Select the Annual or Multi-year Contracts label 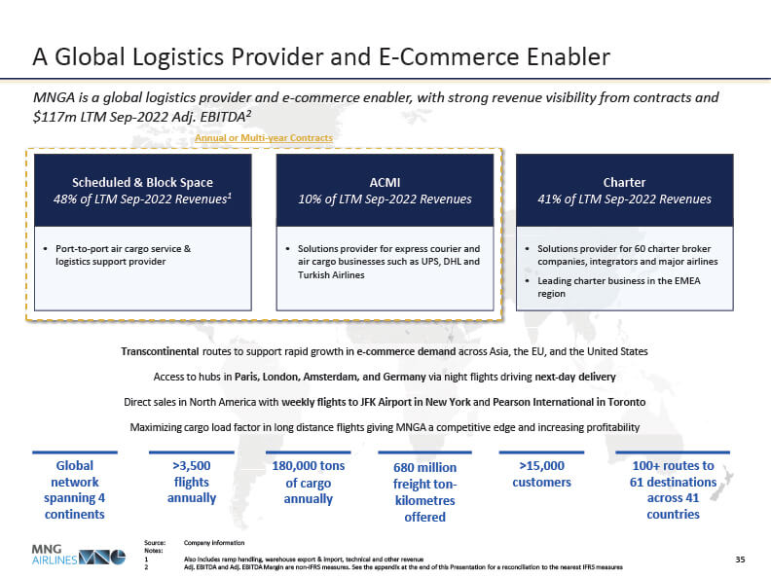tap(264, 138)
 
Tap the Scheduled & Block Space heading tap(142, 182)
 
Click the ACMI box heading tap(385, 182)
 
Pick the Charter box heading tap(624, 182)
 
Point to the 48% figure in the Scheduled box tap(65, 199)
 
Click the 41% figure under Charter tap(549, 199)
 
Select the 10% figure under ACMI tap(310, 199)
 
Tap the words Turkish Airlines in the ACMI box tap(331, 274)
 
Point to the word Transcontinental tap(160, 351)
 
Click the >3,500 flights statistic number tap(191, 465)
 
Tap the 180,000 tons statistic tap(309, 465)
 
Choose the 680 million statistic tap(424, 467)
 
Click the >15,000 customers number tap(542, 465)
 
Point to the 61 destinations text tap(673, 483)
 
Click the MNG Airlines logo tap(78, 555)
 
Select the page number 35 tap(740, 560)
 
